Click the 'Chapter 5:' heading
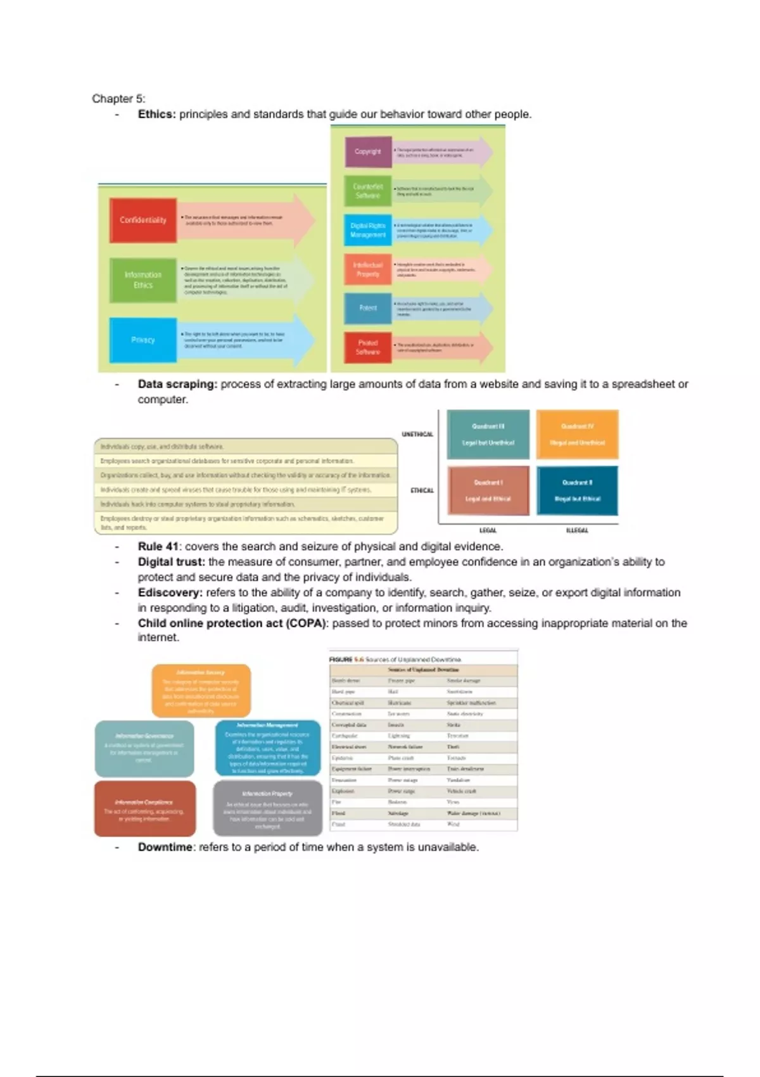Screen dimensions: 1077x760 118,99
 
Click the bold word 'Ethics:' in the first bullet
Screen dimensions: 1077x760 156,115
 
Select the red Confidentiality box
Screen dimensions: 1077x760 143,220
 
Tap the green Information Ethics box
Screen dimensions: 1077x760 143,280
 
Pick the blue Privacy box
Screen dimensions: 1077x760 143,340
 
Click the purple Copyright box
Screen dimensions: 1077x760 368,152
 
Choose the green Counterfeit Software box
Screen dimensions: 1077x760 368,191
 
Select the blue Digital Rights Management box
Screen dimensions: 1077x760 368,231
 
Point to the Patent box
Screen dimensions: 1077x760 368,308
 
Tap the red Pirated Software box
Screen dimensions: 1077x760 368,347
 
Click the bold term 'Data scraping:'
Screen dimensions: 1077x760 177,384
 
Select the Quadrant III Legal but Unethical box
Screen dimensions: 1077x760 488,435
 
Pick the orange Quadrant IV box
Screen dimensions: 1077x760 577,435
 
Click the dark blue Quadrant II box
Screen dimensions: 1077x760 577,491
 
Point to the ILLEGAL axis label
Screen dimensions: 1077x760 577,530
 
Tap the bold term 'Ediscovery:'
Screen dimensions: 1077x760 170,593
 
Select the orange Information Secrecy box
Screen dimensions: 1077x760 201,691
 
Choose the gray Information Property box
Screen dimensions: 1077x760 267,808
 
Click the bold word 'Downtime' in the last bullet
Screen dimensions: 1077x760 165,848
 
